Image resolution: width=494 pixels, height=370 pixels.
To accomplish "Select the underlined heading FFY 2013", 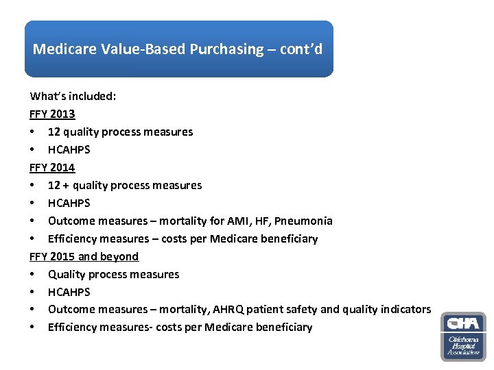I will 52,114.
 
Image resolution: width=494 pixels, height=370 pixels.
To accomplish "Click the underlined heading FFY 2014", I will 52,167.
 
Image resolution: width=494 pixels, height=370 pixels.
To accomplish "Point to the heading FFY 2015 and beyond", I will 84,256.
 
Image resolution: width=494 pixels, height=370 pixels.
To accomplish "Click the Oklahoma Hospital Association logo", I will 463,336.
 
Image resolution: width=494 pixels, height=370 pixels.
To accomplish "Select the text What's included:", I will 73,96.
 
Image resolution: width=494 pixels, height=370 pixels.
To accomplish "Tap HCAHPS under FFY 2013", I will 69,149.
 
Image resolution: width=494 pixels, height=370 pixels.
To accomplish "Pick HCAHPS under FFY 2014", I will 69,203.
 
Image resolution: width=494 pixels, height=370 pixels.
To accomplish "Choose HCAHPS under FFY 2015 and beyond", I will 69,292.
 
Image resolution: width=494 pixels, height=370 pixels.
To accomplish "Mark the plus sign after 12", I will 67,185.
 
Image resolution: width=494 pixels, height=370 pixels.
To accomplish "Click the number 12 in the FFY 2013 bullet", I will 54,132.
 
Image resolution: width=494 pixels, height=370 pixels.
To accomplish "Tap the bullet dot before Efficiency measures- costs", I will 33,328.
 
